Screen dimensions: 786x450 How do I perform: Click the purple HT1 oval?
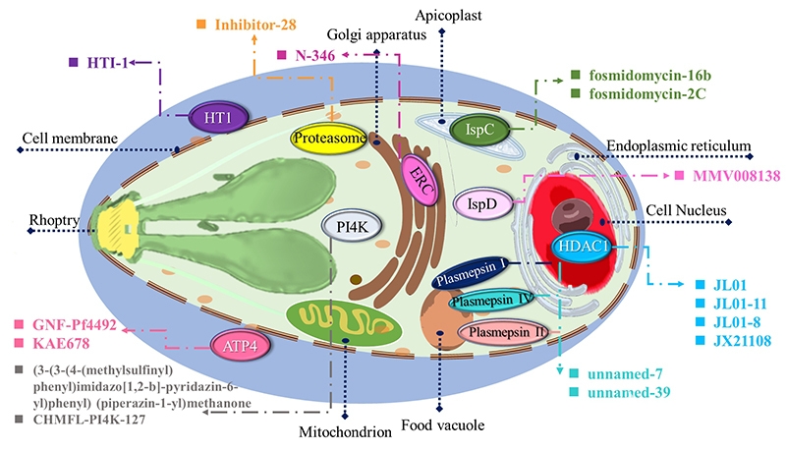(x=218, y=118)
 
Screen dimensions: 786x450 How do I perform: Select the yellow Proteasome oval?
(x=329, y=138)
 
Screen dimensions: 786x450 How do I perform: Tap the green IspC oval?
(x=479, y=130)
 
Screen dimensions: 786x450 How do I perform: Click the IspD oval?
(x=482, y=204)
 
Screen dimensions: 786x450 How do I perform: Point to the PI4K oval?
(x=352, y=227)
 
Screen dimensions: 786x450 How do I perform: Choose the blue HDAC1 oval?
(x=582, y=246)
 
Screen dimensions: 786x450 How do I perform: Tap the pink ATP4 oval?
(x=240, y=345)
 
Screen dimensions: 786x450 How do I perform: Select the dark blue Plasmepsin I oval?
(x=471, y=272)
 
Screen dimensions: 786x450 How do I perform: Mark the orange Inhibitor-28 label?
(x=255, y=24)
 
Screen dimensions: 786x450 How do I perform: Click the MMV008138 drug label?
(x=736, y=176)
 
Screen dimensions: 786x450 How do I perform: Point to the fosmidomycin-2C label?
(x=647, y=93)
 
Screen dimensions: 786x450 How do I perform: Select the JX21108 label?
(x=742, y=341)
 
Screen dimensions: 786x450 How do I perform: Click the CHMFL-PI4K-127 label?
(x=89, y=420)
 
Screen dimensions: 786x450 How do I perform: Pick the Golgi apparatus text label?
(x=376, y=34)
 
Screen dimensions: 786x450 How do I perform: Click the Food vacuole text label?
(x=443, y=424)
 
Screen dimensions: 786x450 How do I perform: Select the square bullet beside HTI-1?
(x=73, y=63)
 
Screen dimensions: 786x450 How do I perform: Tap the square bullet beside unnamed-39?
(x=574, y=392)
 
